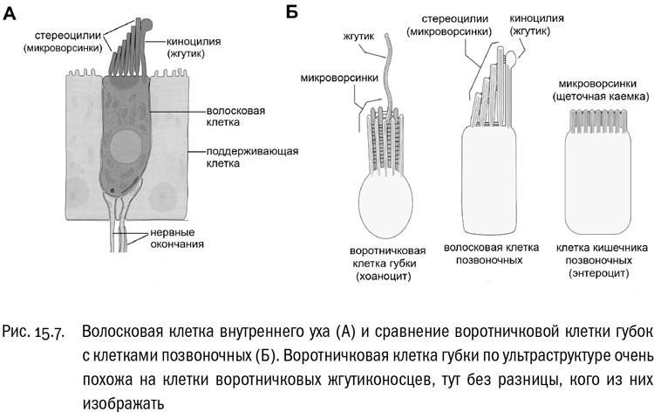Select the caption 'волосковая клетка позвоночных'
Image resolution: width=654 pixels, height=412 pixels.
pyautogui.click(x=489, y=253)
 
